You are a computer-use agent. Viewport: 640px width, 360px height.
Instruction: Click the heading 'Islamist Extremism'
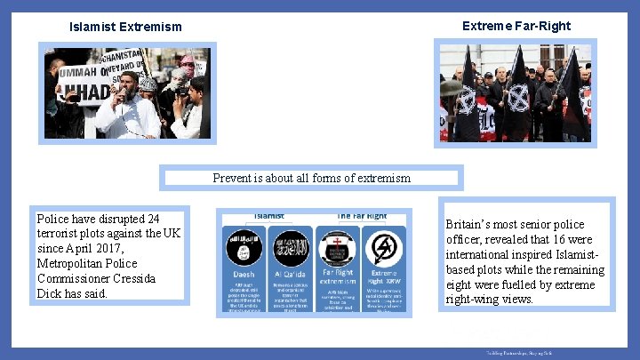[125, 27]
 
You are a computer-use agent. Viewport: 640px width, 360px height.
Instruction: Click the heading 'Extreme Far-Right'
[516, 26]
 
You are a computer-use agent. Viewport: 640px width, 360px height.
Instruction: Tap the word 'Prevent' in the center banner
[232, 178]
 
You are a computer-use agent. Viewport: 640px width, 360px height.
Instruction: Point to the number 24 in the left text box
[152, 219]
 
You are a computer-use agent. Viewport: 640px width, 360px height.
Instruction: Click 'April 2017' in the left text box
[91, 248]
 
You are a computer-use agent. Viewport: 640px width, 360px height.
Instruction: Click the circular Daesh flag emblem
[244, 247]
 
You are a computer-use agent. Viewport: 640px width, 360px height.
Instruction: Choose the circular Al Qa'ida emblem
[291, 247]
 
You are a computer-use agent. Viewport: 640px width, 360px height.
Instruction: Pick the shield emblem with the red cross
[338, 246]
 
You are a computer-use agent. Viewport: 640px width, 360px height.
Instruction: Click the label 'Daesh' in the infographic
[244, 274]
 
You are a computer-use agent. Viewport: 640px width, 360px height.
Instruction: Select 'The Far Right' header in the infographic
[362, 216]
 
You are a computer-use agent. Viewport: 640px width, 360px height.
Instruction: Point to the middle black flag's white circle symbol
[517, 96]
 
